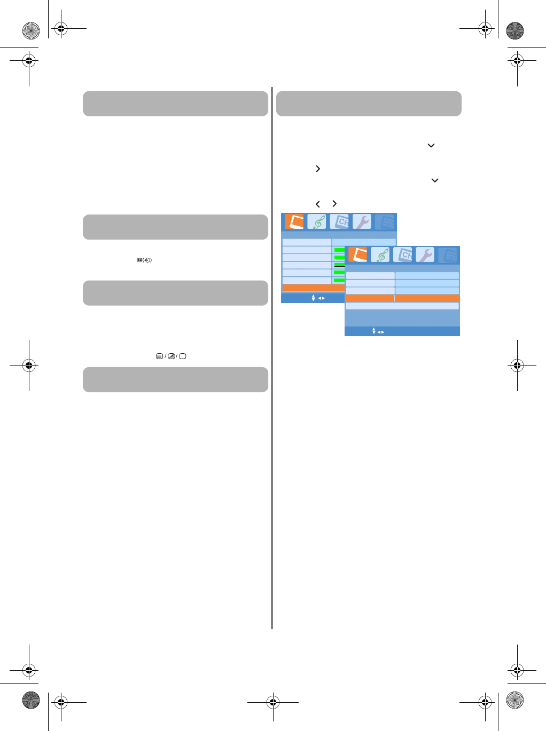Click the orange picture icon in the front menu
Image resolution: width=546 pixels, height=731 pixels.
(358, 255)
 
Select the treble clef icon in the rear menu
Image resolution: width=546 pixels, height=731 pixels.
(317, 222)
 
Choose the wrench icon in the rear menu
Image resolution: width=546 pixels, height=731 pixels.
(362, 222)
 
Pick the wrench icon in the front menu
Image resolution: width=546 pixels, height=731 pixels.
(425, 255)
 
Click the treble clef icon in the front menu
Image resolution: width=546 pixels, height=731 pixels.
(380, 255)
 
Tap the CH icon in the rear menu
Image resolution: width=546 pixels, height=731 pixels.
(340, 222)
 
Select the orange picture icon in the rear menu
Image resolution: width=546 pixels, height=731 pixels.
(294, 222)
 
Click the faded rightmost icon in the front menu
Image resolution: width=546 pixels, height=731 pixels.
(448, 255)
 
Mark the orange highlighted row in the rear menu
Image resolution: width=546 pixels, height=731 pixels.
(313, 288)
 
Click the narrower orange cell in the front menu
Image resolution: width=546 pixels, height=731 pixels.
(370, 298)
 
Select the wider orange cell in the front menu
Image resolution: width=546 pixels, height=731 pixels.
(427, 298)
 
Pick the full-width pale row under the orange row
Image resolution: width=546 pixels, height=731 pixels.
(402, 306)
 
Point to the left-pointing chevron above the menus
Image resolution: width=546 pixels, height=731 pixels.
(318, 204)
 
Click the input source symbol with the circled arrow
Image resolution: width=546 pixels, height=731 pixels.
(144, 260)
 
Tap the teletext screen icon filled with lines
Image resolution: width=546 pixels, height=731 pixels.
(159, 356)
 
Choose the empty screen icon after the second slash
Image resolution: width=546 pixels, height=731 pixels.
(183, 356)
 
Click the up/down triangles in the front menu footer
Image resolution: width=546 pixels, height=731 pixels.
(374, 331)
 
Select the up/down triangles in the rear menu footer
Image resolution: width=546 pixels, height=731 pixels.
(313, 298)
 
